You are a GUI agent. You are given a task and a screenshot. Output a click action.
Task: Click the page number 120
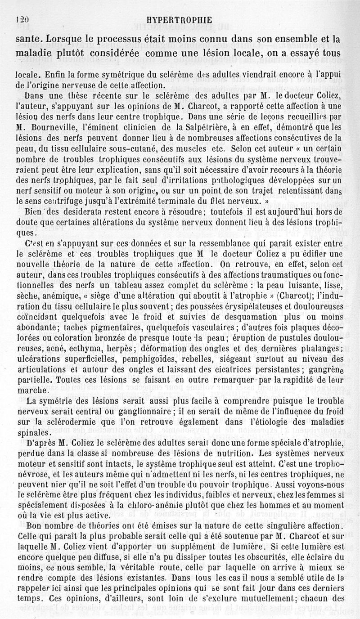[x=22, y=20]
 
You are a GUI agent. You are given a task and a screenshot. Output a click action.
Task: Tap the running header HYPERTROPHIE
[x=179, y=20]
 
